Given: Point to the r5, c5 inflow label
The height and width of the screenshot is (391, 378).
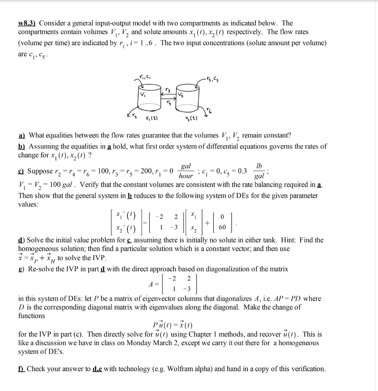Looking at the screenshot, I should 212,80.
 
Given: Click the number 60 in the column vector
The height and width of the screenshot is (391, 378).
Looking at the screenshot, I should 222,228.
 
